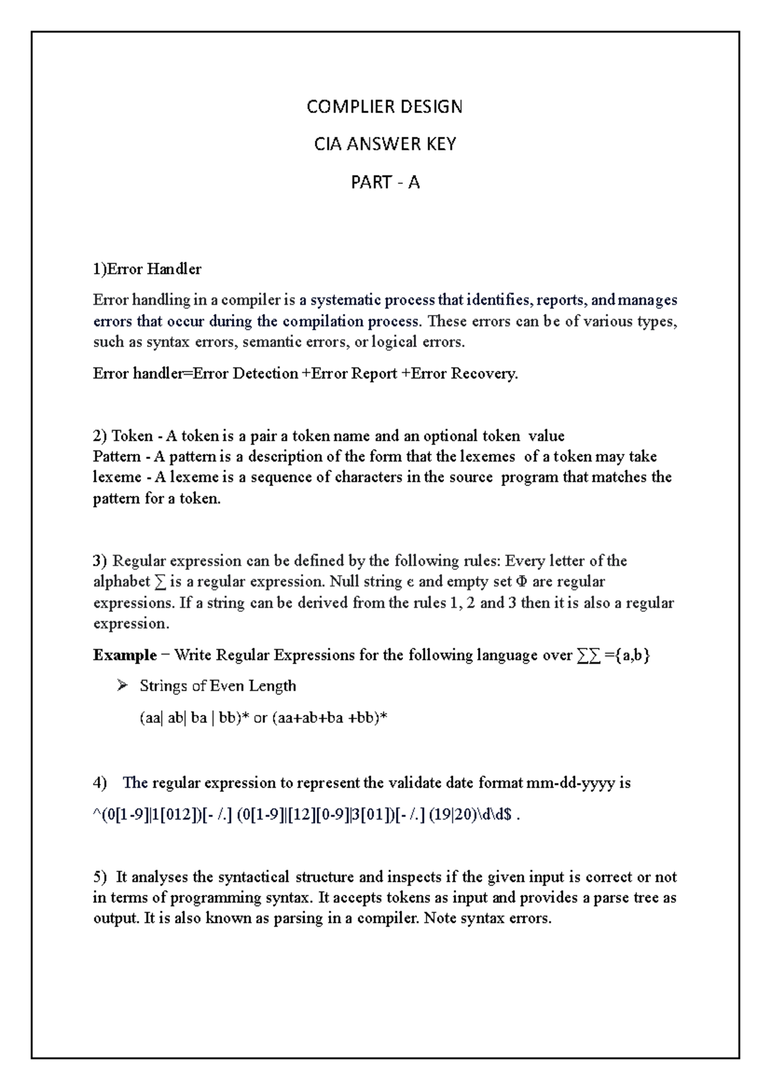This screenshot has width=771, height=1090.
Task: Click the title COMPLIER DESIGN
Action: [384, 107]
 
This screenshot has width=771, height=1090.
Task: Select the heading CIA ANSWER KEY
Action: [384, 145]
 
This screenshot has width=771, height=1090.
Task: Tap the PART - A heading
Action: [384, 183]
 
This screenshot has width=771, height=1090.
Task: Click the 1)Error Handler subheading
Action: [147, 269]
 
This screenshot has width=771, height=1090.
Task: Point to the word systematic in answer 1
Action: [346, 300]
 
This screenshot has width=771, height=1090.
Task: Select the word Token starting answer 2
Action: [132, 436]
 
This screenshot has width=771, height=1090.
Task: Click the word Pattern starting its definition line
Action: [116, 456]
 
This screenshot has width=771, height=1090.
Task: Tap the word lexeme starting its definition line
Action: [116, 477]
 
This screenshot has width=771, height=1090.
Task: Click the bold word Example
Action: [125, 655]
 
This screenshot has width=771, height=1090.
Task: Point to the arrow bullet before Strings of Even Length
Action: [122, 686]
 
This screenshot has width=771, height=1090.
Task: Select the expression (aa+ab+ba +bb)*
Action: [330, 718]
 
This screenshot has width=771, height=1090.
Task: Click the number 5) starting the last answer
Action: [100, 877]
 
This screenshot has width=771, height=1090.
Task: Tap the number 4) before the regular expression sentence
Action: [100, 783]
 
